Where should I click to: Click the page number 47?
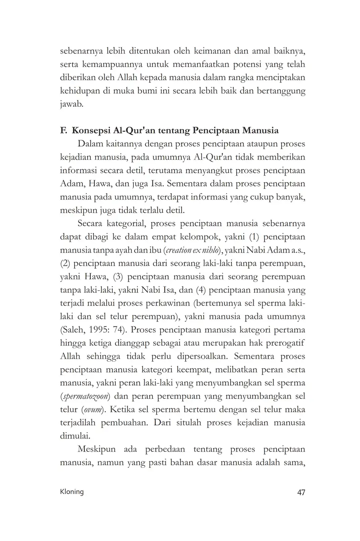pyautogui.click(x=301, y=492)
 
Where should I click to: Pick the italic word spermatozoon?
pyautogui.click(x=86, y=396)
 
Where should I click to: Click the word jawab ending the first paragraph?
pyautogui.click(x=71, y=104)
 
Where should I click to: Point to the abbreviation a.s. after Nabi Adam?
pyautogui.click(x=297, y=250)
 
